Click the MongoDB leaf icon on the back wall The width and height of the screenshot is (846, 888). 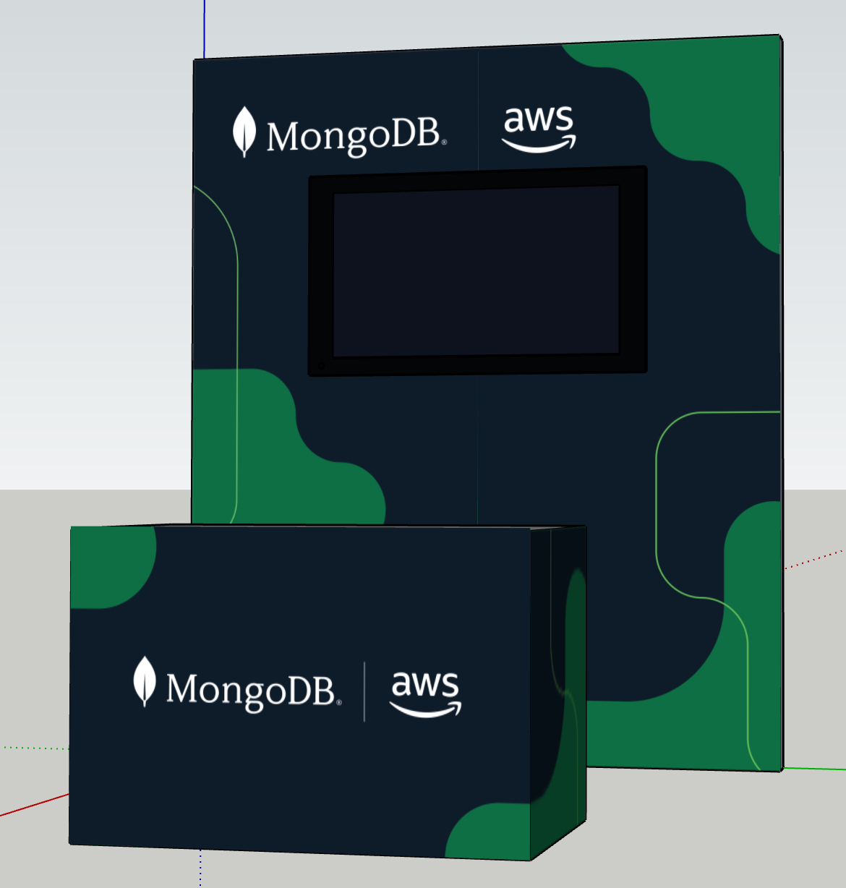[x=244, y=132]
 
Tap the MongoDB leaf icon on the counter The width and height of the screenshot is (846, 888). [x=145, y=681]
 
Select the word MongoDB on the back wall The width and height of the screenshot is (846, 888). [x=354, y=136]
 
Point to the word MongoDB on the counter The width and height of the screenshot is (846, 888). [x=252, y=690]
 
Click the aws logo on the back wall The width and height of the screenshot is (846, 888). [x=539, y=129]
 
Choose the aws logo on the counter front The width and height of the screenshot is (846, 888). [x=426, y=693]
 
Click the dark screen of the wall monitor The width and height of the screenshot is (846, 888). [x=476, y=271]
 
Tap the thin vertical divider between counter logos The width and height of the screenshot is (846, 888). [x=364, y=691]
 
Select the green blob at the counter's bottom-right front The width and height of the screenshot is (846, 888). [x=492, y=832]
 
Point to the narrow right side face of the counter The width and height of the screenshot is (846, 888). [x=558, y=687]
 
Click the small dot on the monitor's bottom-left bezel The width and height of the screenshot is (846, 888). [x=322, y=366]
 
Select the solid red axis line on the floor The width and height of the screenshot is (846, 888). [x=33, y=805]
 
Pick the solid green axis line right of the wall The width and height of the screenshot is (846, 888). [x=814, y=768]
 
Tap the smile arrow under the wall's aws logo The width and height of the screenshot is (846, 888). [x=539, y=146]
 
